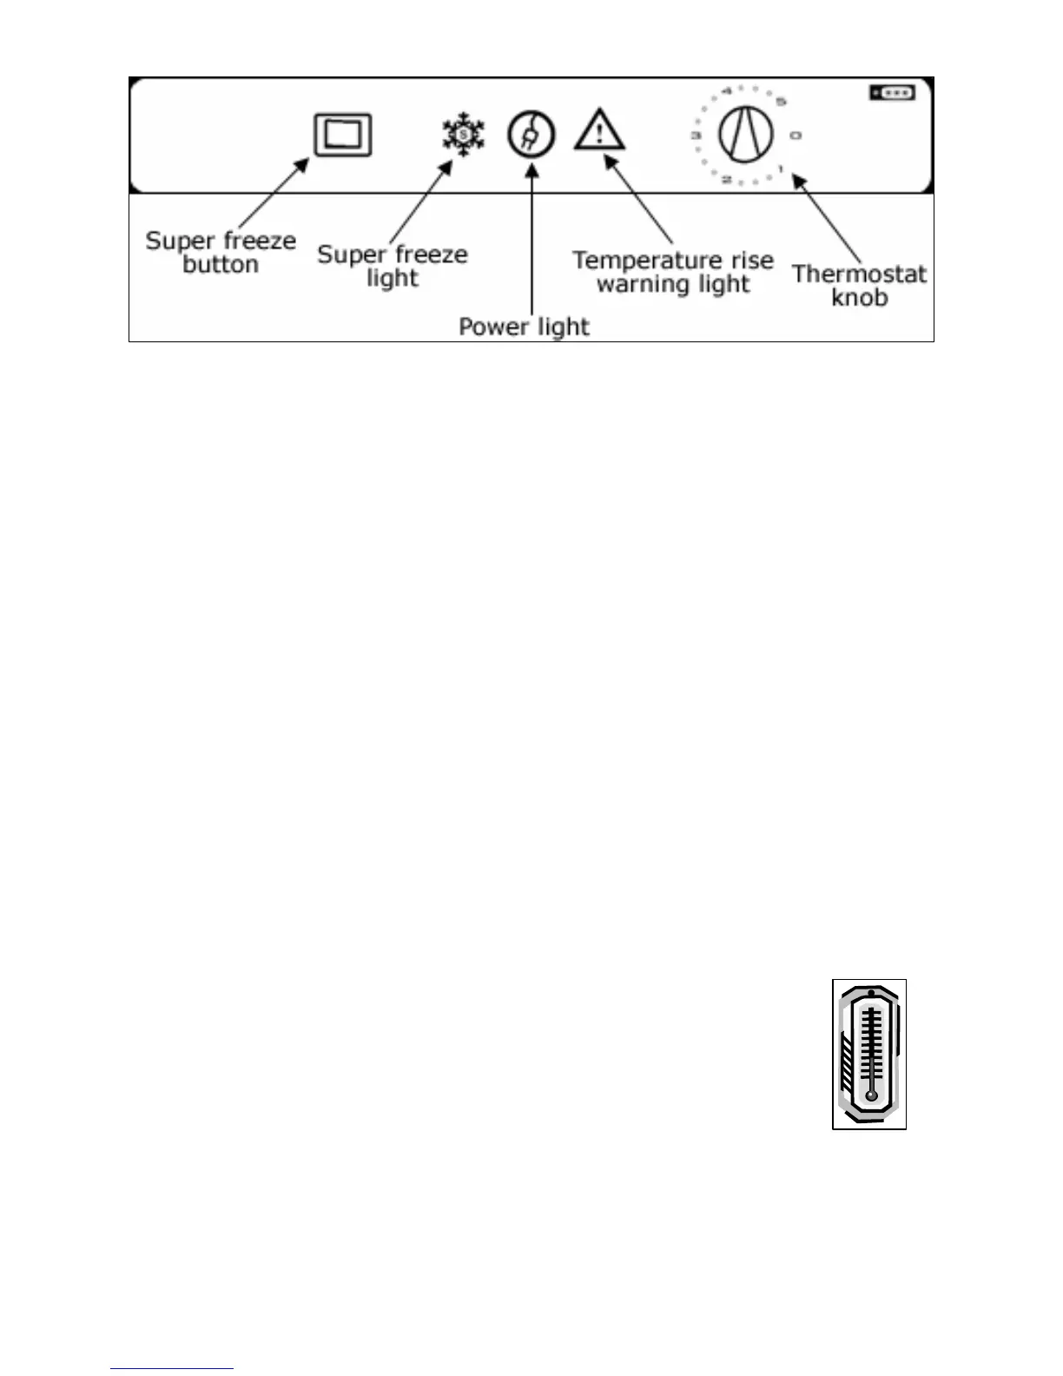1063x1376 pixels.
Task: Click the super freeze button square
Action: (343, 136)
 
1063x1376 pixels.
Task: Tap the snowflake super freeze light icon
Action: (464, 135)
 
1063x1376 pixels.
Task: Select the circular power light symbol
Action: (531, 135)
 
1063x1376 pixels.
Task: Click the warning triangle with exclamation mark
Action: (599, 131)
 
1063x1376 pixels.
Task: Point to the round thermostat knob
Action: (746, 136)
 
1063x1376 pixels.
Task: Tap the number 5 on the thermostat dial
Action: (782, 102)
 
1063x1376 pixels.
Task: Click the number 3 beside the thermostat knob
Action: (697, 136)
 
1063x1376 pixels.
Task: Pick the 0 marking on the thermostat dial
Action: (796, 136)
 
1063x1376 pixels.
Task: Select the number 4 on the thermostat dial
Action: (726, 89)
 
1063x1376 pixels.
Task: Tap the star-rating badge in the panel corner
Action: (892, 92)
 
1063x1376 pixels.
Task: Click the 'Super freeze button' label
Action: (221, 252)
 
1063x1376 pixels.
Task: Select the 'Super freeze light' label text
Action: (393, 266)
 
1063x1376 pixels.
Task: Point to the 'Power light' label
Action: (524, 327)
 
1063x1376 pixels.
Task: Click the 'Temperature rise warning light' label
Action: (673, 272)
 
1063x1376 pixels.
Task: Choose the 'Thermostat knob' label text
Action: (859, 285)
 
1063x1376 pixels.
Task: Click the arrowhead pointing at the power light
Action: (531, 168)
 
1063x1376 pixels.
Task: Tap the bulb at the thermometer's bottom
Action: (871, 1095)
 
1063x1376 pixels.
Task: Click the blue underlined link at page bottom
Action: (172, 1369)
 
